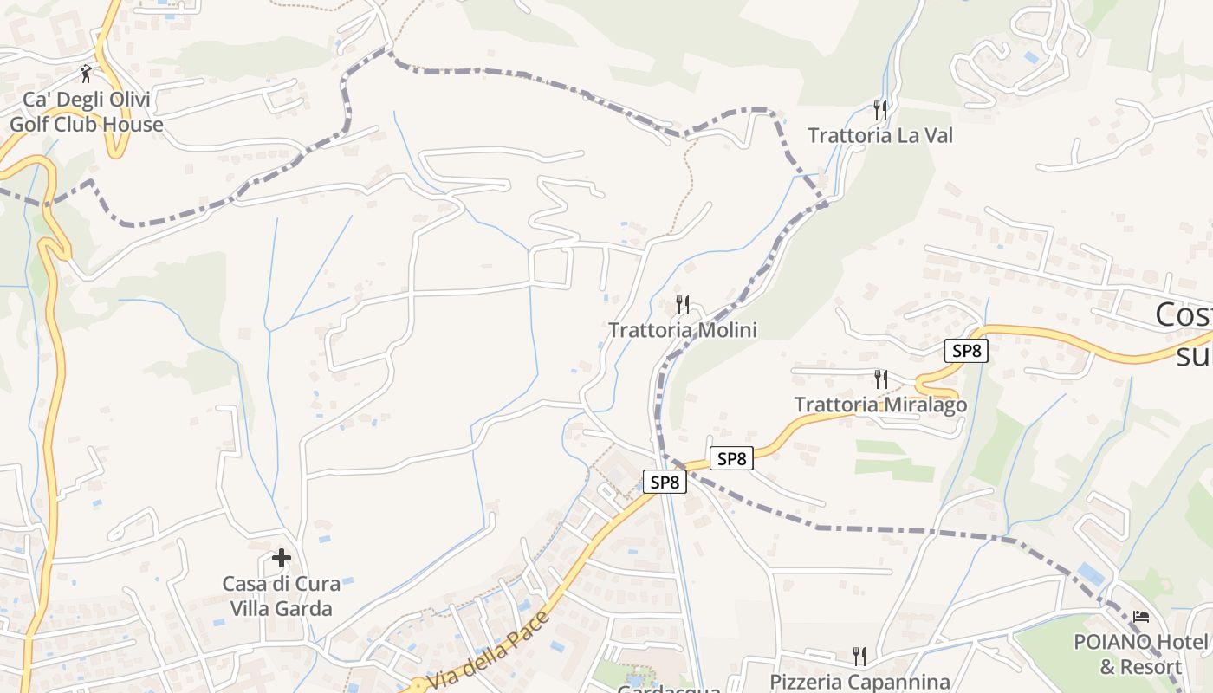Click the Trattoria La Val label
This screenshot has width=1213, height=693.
(880, 136)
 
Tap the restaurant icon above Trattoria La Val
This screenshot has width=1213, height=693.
(880, 110)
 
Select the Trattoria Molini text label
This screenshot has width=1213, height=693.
(683, 330)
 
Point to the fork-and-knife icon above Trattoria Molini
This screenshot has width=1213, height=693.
(683, 305)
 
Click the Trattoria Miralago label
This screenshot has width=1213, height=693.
(880, 405)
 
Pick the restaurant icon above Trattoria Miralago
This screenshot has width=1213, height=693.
(880, 379)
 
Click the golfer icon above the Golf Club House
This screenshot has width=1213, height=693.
(86, 73)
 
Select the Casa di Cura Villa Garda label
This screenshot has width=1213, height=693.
(281, 596)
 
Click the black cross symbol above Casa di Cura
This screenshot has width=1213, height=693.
(281, 558)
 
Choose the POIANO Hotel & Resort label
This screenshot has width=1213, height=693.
(1140, 654)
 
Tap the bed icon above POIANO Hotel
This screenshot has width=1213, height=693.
(1141, 617)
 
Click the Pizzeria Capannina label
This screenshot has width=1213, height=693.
(859, 682)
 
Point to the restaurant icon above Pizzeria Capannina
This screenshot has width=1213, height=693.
(859, 656)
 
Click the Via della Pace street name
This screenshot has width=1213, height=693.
(490, 651)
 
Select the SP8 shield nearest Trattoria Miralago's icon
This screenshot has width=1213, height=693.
(966, 351)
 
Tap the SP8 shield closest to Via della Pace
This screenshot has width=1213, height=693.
(665, 483)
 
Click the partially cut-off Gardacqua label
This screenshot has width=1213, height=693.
(668, 689)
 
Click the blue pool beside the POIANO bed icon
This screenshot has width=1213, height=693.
(1092, 573)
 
